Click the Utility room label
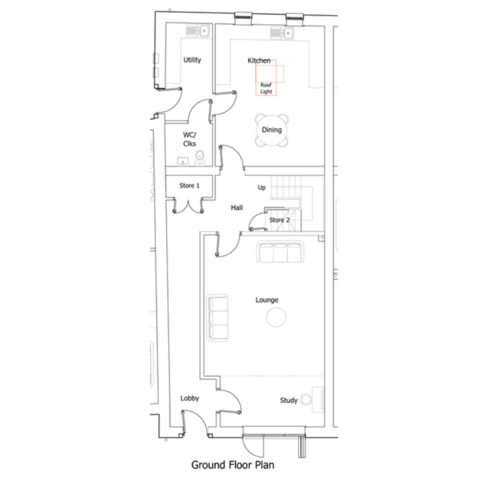[x=192, y=60]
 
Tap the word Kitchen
[x=259, y=61]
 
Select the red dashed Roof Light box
[x=266, y=78]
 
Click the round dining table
[x=272, y=130]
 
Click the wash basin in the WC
[x=183, y=162]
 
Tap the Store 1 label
[x=189, y=186]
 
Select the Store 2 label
[x=279, y=220]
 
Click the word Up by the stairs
[x=262, y=187]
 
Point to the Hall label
[x=237, y=208]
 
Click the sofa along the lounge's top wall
[x=280, y=252]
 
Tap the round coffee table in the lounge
[x=276, y=318]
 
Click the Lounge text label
[x=267, y=300]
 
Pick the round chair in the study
[x=306, y=399]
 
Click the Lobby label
[x=190, y=398]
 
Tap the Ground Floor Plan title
[x=233, y=465]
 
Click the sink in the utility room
[x=198, y=31]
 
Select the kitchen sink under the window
[x=282, y=32]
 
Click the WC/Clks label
[x=190, y=139]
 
